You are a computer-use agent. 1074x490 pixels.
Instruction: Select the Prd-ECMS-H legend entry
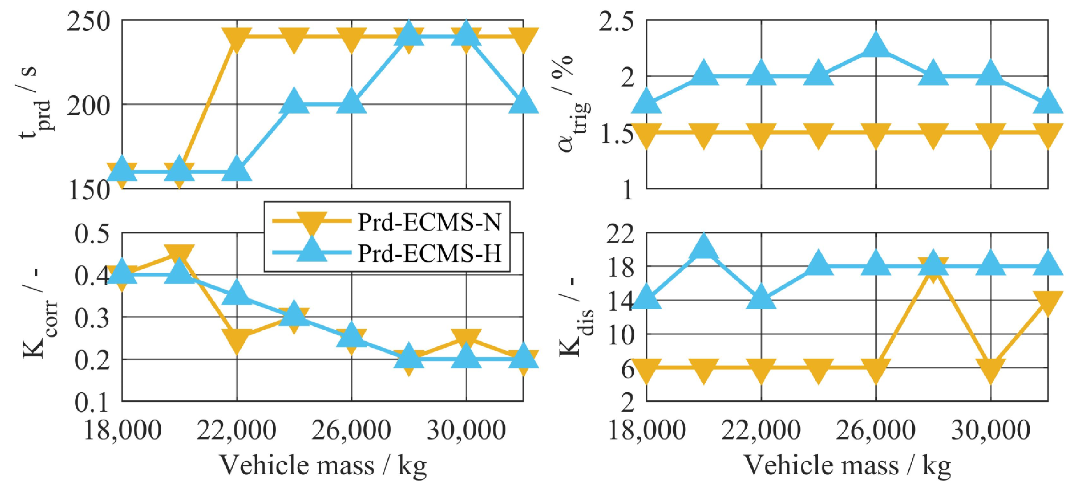coord(429,253)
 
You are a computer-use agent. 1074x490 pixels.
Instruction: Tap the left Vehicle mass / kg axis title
coord(323,465)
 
